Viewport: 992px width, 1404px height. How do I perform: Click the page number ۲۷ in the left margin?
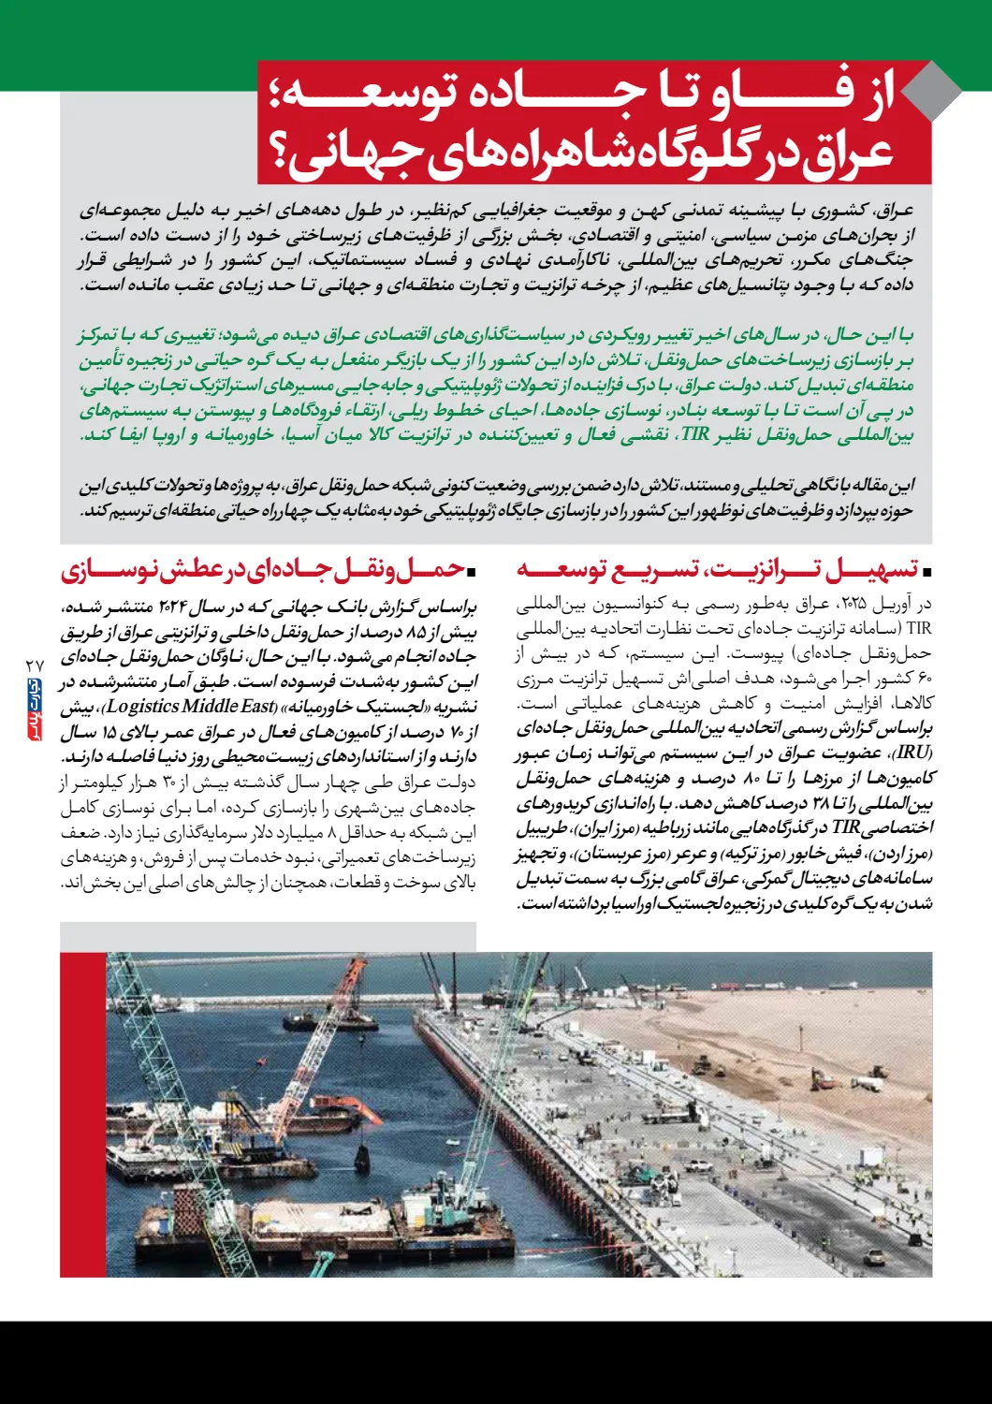pos(35,664)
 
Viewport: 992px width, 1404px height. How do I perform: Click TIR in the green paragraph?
pos(695,434)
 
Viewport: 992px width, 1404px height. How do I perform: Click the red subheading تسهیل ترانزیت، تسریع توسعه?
pos(716,569)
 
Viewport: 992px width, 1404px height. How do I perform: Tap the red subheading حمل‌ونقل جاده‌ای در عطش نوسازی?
pos(263,569)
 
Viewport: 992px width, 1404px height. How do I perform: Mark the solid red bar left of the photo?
pos(82,1114)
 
